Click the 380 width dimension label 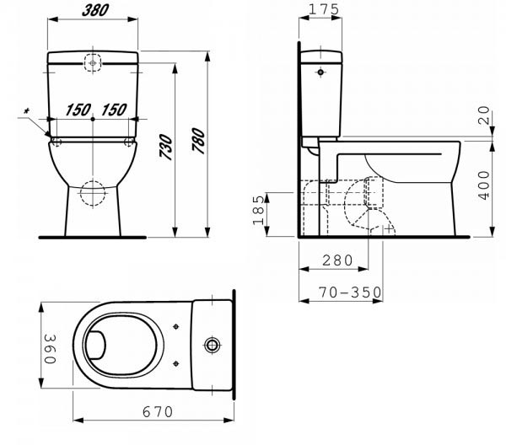click(x=95, y=10)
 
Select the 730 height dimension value click(x=166, y=147)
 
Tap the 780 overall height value click(x=198, y=140)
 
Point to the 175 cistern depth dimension click(x=324, y=9)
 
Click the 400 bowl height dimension click(x=484, y=185)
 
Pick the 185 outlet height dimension click(x=259, y=210)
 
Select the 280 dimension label click(x=337, y=260)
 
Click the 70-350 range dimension click(x=350, y=292)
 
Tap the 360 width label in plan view click(x=50, y=349)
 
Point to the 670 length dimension click(x=158, y=412)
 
